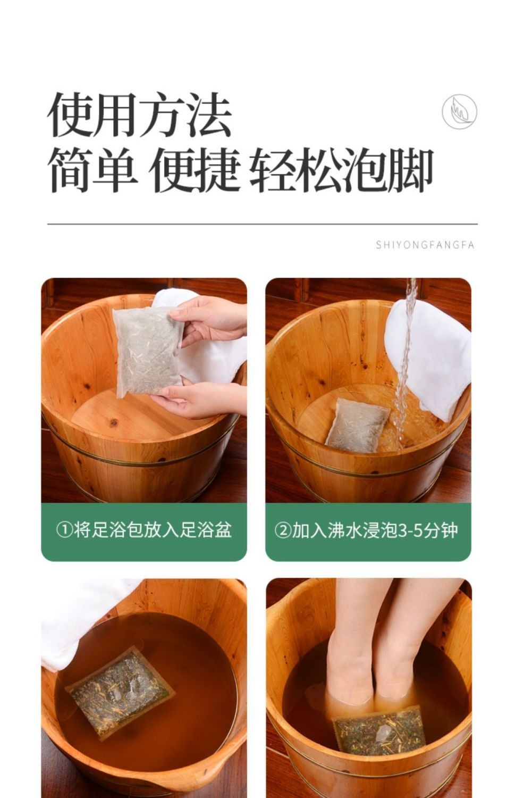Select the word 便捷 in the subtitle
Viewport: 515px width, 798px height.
coord(194,171)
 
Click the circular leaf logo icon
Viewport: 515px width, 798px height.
coord(459,112)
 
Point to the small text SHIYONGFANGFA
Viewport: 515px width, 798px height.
coord(425,245)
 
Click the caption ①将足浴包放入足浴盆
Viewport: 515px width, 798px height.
coord(144,530)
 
